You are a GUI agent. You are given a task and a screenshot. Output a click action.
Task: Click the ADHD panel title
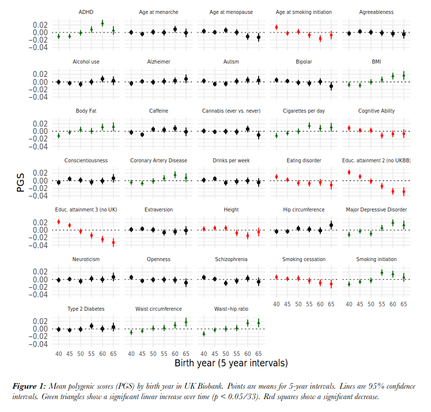86,12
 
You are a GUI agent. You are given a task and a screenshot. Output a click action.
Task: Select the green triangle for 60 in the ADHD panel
102,23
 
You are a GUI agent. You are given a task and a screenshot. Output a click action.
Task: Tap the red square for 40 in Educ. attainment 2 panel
349,172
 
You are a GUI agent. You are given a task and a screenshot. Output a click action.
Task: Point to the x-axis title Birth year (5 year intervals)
231,363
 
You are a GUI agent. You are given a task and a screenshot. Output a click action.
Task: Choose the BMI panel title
376,62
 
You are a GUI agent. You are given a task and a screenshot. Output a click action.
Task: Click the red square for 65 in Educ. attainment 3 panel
113,242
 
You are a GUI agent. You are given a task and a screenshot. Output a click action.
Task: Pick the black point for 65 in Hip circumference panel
331,225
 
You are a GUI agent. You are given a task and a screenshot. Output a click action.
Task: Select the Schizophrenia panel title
231,259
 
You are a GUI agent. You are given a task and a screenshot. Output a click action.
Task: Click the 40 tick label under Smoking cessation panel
277,304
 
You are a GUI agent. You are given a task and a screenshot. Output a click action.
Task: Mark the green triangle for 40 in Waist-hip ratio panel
204,334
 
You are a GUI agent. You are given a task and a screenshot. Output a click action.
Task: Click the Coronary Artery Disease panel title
158,160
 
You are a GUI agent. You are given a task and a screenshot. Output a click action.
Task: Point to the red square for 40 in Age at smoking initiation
277,27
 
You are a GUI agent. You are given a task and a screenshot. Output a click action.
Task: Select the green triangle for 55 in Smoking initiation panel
382,272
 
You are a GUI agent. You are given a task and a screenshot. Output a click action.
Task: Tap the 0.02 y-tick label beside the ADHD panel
41,25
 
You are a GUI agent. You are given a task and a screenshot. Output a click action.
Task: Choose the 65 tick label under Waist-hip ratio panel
258,353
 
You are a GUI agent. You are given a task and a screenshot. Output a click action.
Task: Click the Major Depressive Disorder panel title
376,209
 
